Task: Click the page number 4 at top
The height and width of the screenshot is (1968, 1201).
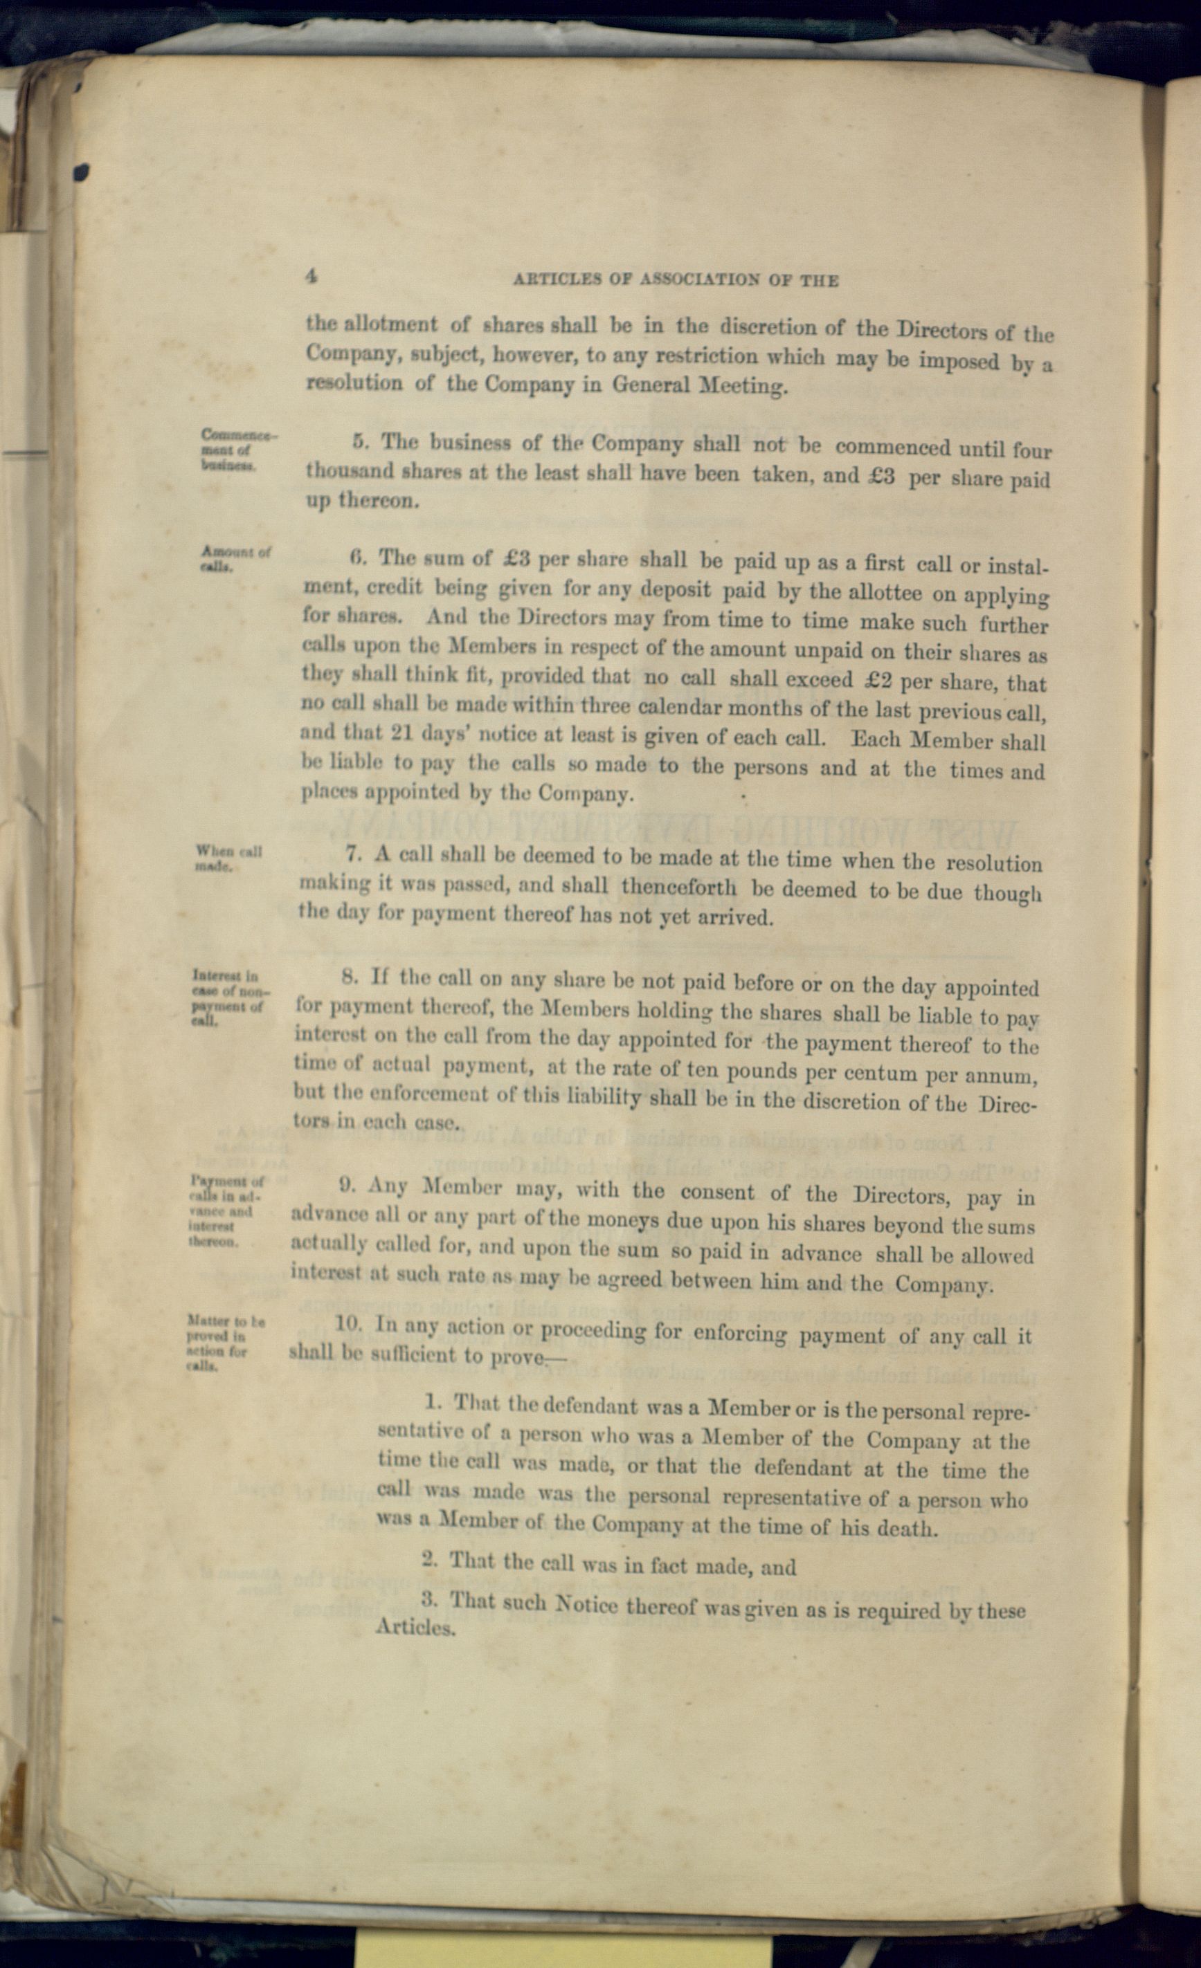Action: pos(311,277)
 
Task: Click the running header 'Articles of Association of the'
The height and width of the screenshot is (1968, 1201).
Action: pos(675,280)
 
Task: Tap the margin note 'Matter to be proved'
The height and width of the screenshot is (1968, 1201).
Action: pos(224,1343)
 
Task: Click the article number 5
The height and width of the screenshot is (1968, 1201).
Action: pos(359,441)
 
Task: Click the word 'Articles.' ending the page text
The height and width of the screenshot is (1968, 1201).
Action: pos(415,1628)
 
